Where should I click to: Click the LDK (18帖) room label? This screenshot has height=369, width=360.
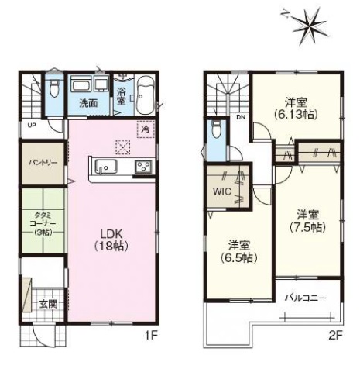pyautogui.click(x=111, y=240)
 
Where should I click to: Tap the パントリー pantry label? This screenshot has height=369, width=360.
pyautogui.click(x=43, y=163)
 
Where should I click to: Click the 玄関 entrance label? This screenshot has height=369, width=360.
pyautogui.click(x=48, y=304)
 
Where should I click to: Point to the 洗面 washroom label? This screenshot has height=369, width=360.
pyautogui.click(x=88, y=103)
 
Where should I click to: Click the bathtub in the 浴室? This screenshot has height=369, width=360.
pyautogui.click(x=145, y=95)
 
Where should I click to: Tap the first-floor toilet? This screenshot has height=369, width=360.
pyautogui.click(x=54, y=88)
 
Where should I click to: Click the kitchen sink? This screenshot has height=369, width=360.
pyautogui.click(x=106, y=167)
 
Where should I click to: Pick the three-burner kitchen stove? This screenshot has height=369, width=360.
pyautogui.click(x=143, y=167)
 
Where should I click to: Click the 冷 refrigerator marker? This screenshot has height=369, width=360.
pyautogui.click(x=146, y=129)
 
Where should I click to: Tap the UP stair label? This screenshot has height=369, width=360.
pyautogui.click(x=32, y=126)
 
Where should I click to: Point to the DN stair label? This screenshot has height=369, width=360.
pyautogui.click(x=241, y=117)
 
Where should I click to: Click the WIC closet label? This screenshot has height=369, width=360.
pyautogui.click(x=222, y=191)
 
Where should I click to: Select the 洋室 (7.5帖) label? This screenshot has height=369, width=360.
pyautogui.click(x=307, y=221)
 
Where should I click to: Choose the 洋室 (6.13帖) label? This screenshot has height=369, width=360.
pyautogui.click(x=296, y=109)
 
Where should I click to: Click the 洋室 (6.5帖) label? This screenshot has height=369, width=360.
pyautogui.click(x=239, y=251)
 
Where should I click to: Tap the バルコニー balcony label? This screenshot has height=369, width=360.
pyautogui.click(x=305, y=298)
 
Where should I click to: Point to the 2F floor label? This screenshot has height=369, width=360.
pyautogui.click(x=335, y=336)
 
